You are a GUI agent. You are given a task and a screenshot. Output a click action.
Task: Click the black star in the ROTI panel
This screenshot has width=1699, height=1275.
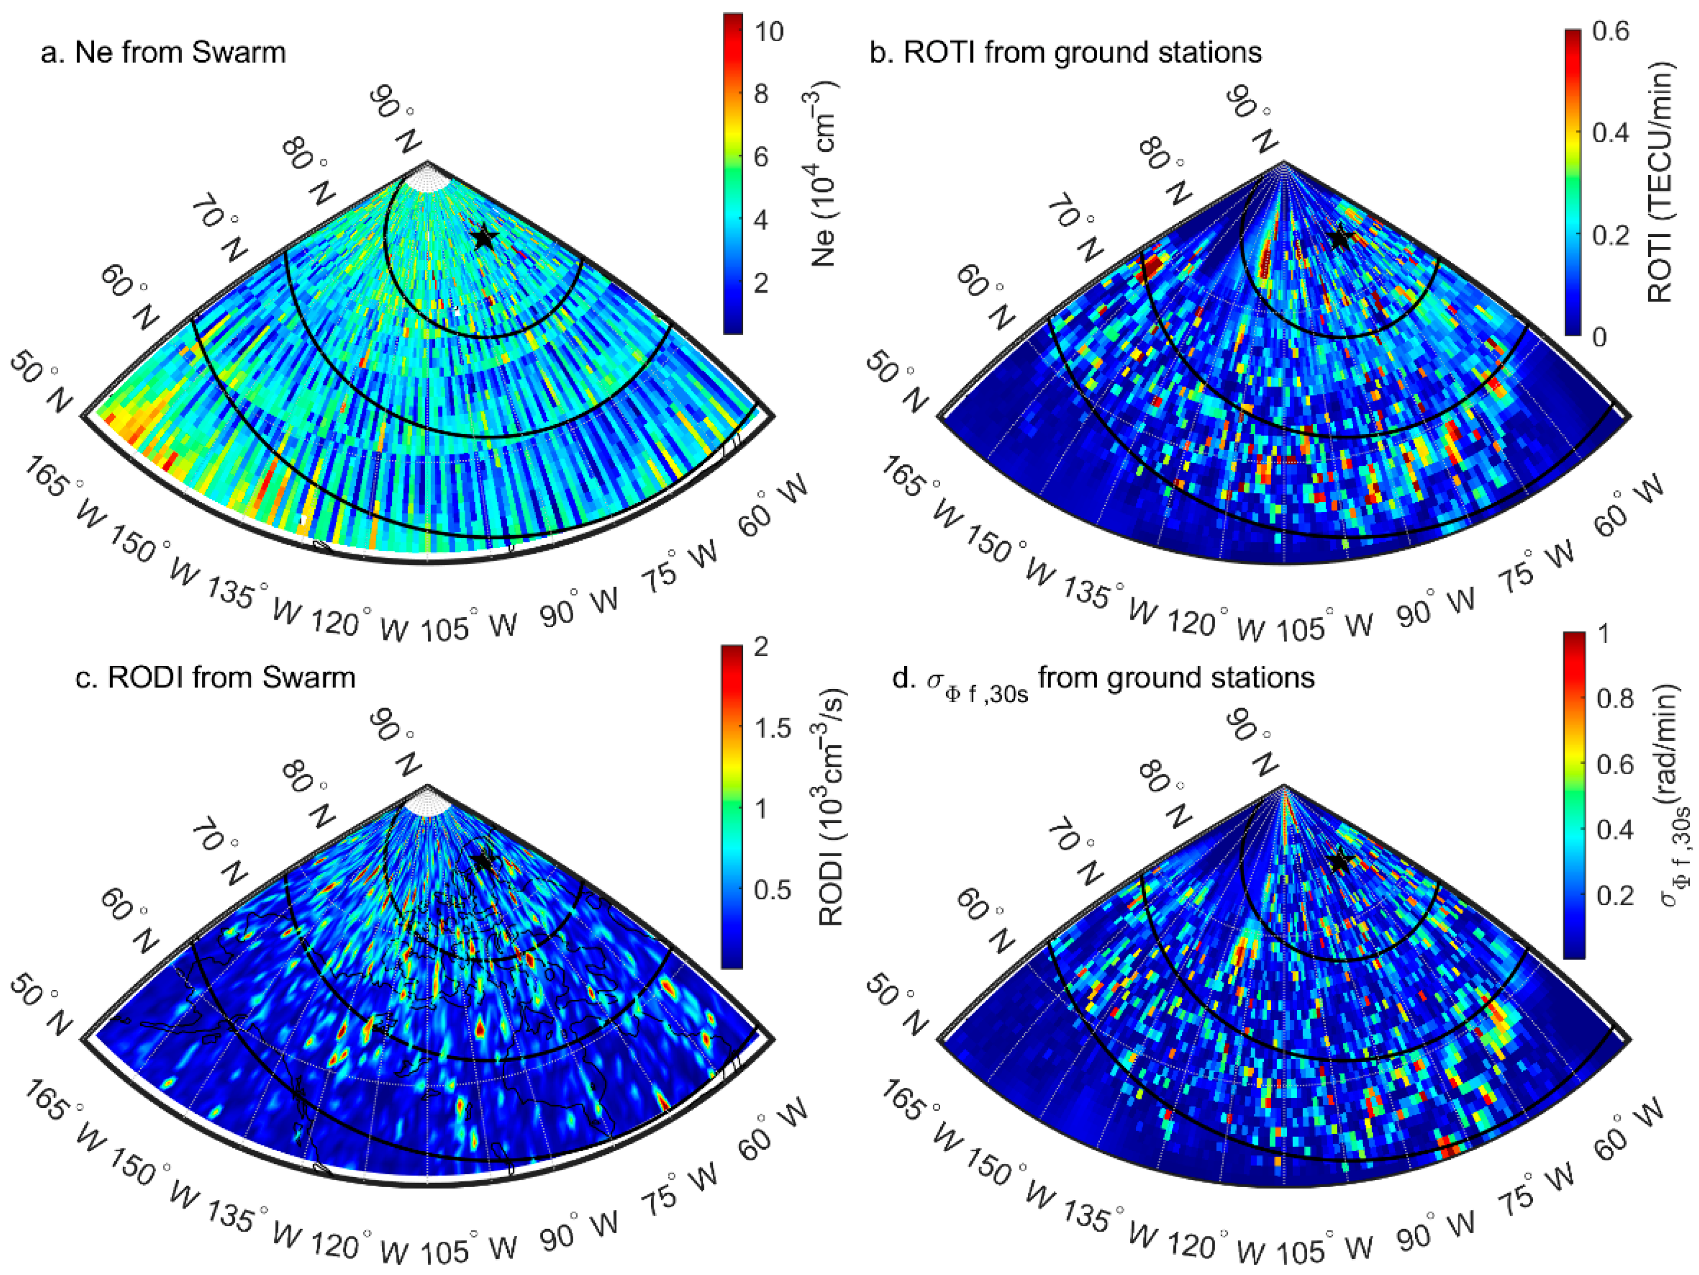[1339, 237]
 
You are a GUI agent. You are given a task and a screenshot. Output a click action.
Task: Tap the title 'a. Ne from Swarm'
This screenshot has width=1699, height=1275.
[163, 53]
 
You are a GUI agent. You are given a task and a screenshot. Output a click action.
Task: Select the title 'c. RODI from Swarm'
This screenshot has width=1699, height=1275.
[215, 677]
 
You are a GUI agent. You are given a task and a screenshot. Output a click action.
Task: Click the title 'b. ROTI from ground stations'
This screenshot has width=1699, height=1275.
[1066, 53]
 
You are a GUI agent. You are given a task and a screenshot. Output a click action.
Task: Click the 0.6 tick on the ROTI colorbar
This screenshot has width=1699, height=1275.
[1610, 32]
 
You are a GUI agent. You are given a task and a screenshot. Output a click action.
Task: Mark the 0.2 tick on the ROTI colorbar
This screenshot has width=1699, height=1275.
[1610, 235]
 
